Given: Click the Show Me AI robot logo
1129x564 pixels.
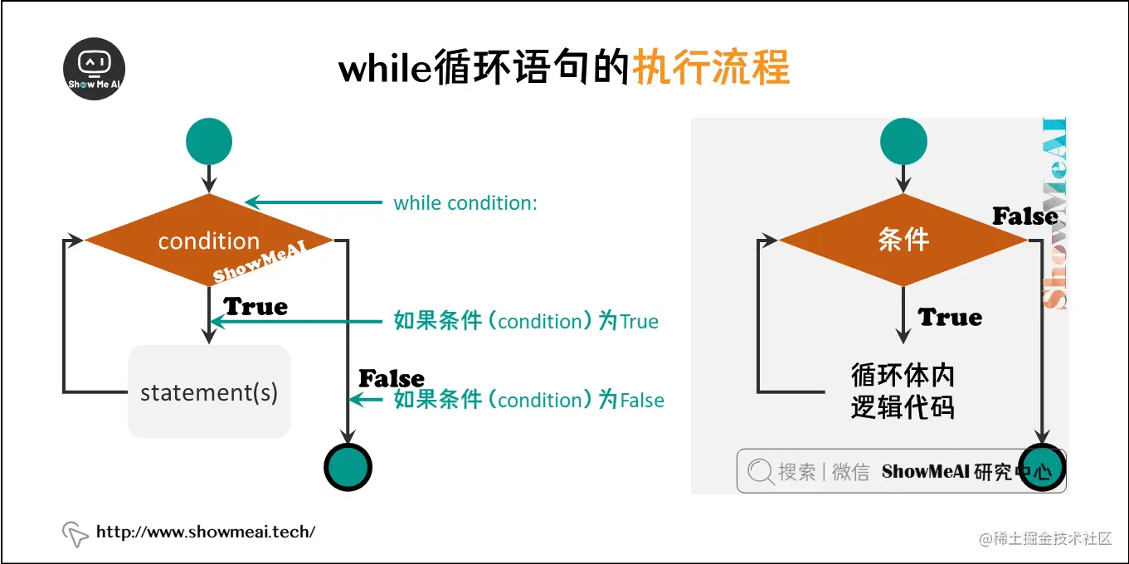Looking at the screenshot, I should [95, 70].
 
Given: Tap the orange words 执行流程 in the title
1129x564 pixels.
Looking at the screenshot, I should [711, 68].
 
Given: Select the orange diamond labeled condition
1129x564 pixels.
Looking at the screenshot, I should [209, 241].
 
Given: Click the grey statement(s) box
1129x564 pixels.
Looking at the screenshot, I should [209, 391].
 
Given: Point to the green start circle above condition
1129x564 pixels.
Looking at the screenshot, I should [209, 141].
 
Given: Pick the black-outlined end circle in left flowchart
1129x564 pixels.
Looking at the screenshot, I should [347, 469].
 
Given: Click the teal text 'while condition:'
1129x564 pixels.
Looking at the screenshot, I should [465, 203].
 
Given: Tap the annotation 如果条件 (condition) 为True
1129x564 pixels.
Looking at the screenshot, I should [526, 322].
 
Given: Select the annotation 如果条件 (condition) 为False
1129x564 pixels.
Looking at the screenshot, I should [528, 401].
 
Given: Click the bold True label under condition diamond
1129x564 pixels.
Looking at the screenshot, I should [255, 307].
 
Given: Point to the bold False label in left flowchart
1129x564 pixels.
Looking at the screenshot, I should [391, 379].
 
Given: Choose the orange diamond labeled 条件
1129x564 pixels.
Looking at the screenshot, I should [903, 241].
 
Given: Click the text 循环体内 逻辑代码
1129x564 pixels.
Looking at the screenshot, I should [903, 391].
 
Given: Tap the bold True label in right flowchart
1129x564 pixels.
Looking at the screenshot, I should [950, 318].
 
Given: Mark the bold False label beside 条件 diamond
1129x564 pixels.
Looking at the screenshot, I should [1025, 217].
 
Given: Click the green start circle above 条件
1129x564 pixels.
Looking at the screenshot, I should [903, 141].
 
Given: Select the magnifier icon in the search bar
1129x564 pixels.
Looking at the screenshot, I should [760, 472].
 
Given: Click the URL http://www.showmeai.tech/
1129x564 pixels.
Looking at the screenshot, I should [206, 532].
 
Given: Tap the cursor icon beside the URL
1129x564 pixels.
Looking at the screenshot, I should [75, 534].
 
